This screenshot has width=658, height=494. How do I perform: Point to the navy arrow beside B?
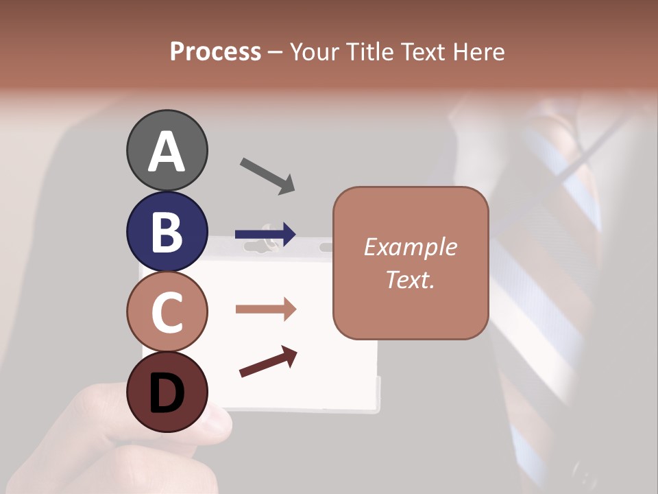click(265, 235)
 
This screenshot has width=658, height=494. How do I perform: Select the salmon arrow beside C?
click(265, 309)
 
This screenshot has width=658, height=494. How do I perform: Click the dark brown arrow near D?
click(268, 362)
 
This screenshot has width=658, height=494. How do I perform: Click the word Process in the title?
click(215, 51)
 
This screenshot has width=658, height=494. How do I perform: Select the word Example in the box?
click(410, 247)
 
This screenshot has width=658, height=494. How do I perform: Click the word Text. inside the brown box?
click(410, 279)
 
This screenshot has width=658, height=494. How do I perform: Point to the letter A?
click(167, 151)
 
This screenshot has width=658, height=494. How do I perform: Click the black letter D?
click(167, 393)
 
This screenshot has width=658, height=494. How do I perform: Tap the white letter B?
click(167, 232)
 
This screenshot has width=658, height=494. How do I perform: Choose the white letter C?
click(167, 313)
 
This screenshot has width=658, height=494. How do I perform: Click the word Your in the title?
click(316, 51)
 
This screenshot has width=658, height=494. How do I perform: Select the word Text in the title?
click(422, 51)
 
